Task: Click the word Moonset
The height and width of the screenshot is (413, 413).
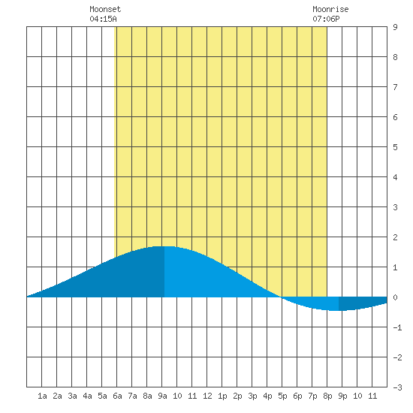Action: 105,9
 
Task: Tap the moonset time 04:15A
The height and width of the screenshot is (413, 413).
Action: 103,19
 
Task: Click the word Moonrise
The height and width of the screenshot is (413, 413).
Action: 330,9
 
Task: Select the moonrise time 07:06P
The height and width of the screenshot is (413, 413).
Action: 326,19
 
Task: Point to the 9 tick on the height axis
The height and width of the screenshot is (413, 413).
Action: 395,27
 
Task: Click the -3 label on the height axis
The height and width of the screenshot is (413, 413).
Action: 397,387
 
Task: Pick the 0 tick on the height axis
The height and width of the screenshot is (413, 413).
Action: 395,297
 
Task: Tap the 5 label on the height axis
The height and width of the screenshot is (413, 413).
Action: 395,147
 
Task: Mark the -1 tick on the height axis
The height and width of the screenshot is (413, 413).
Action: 397,327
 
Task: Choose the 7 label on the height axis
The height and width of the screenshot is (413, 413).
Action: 395,87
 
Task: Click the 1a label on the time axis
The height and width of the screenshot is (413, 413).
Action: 42,396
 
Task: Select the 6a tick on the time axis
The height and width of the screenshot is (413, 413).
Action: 117,396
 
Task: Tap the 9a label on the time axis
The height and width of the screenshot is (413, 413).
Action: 162,396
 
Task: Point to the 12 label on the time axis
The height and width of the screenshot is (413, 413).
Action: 207,396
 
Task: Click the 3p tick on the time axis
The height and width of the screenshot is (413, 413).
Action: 252,396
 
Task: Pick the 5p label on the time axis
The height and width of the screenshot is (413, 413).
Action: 282,396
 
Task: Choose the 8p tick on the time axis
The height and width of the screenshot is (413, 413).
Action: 327,396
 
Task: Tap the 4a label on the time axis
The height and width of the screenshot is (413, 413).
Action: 87,396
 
